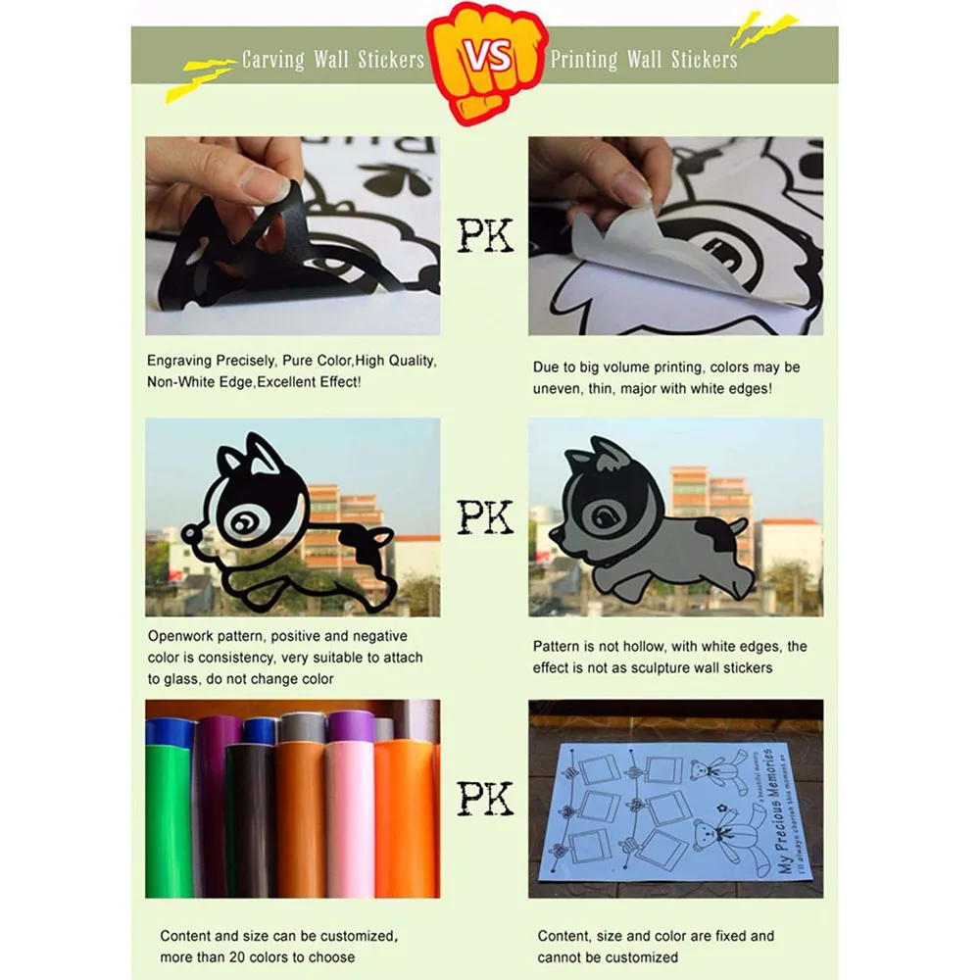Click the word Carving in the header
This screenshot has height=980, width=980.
[273, 60]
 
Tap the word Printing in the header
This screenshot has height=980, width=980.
[585, 60]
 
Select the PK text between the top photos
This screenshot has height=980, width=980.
[485, 236]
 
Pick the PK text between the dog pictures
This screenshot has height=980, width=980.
[485, 516]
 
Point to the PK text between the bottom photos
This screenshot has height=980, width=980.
[485, 798]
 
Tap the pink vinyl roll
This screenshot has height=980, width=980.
[350, 818]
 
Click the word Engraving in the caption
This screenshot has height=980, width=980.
[179, 361]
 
